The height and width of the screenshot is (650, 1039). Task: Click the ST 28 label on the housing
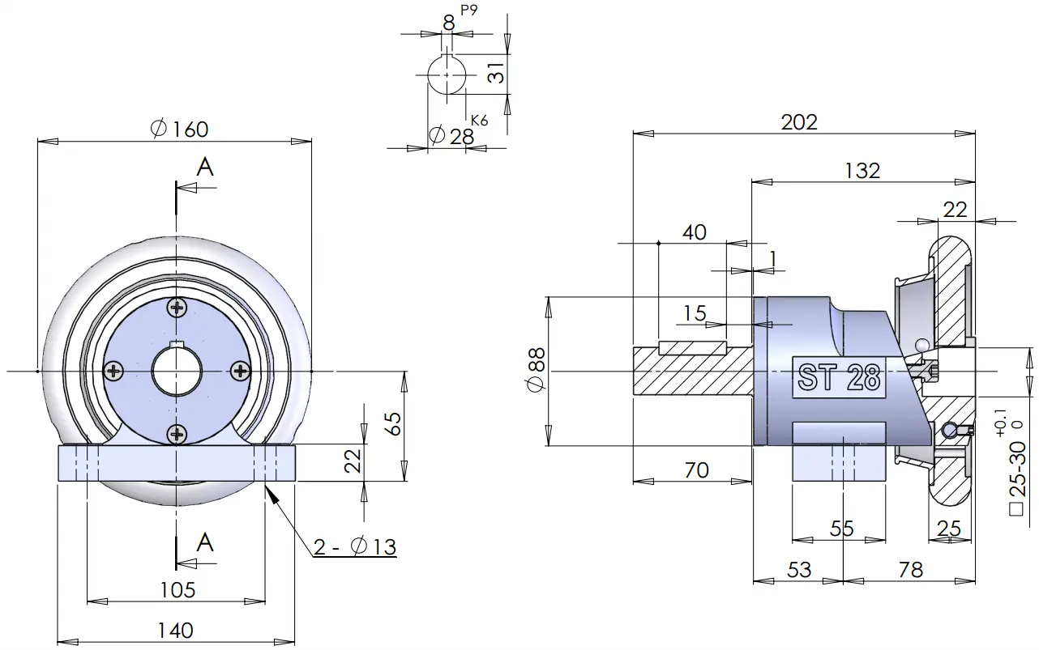click(839, 376)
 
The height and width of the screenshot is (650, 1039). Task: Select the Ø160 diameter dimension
click(179, 129)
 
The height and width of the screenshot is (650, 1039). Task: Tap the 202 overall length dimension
click(799, 122)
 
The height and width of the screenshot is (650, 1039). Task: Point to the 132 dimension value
click(862, 171)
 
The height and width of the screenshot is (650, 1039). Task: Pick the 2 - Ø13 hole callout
click(355, 546)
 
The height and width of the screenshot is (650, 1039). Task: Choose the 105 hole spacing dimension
click(177, 590)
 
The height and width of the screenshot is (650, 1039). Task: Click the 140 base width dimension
click(176, 631)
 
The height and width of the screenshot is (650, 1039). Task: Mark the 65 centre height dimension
click(394, 423)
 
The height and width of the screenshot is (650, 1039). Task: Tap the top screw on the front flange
click(177, 307)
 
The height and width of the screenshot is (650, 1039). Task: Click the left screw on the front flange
click(113, 371)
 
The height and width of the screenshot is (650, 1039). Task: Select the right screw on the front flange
click(241, 371)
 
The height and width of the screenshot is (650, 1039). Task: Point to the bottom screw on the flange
click(177, 434)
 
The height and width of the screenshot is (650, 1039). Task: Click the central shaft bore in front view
click(177, 371)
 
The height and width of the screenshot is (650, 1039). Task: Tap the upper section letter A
click(204, 168)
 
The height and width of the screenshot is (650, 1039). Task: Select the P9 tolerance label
click(469, 11)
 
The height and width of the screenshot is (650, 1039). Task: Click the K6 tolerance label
click(480, 121)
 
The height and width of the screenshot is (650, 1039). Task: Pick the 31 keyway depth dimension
click(496, 73)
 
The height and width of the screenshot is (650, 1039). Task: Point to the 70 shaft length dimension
click(697, 471)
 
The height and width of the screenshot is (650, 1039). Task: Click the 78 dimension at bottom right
click(911, 570)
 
